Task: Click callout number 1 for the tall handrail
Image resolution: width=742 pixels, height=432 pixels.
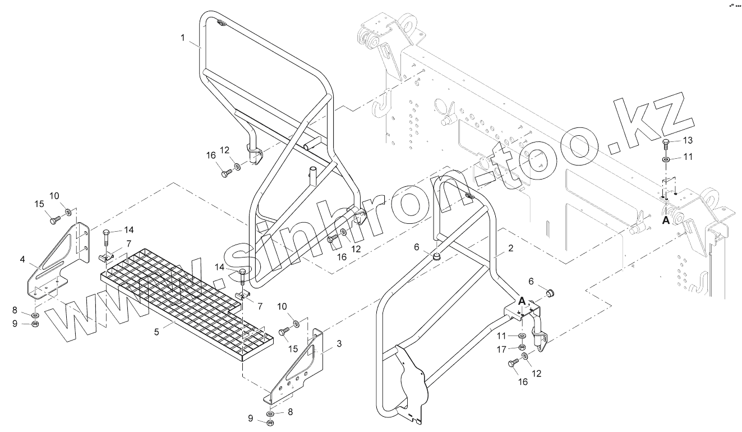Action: point(182,38)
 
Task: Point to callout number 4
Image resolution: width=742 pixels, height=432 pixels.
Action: point(22,259)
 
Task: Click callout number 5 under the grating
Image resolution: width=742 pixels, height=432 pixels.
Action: point(157,332)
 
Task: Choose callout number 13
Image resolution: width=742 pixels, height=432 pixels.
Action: point(688,140)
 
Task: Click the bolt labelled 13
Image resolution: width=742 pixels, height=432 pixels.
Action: point(666,143)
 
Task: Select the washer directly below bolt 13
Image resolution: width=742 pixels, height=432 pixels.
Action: point(666,159)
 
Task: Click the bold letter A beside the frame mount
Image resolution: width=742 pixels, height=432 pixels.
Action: point(666,220)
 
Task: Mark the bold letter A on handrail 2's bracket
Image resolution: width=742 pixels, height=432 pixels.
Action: point(522,301)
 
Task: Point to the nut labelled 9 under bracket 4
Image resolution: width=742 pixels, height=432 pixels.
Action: point(35,324)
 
